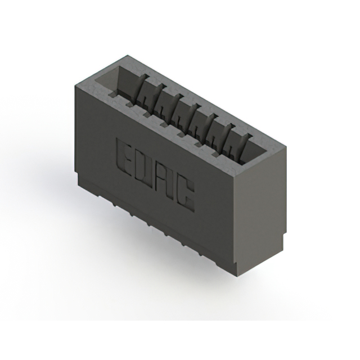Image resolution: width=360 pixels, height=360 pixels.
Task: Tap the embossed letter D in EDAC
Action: tap(145, 167)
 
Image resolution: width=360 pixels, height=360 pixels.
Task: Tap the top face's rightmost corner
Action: tap(286, 148)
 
